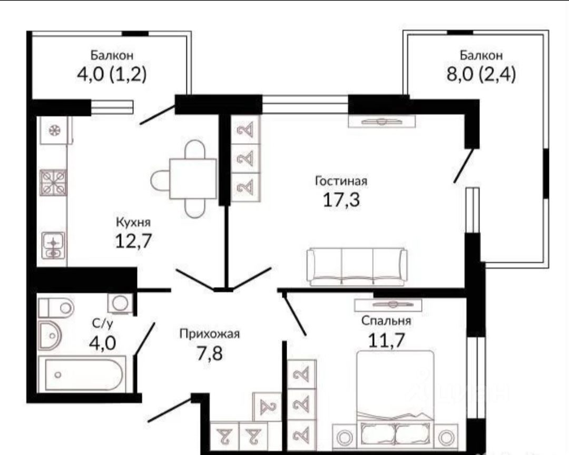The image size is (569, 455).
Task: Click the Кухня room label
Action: pos(133,222)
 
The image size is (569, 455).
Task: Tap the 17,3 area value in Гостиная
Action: pos(341,199)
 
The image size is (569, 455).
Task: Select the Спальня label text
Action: pos(386,321)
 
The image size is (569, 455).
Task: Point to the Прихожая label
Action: pos(209,334)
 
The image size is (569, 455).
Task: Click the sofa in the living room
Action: pos(357,266)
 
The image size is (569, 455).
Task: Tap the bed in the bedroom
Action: pos(395,397)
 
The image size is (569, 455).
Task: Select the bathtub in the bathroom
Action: pos(81,374)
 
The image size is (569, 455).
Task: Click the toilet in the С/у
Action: pos(56,308)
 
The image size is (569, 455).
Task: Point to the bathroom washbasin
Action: pos(50,335)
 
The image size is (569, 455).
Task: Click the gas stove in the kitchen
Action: pos(54,183)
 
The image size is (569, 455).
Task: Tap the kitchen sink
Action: pos(53,245)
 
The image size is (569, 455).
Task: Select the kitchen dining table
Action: pos(193,179)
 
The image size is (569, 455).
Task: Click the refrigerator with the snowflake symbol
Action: pos(55,130)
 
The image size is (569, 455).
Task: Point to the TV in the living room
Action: pos(381,121)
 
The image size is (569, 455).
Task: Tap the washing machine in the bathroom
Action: pos(120,303)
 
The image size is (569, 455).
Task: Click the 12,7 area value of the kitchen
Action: pos(133,241)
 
